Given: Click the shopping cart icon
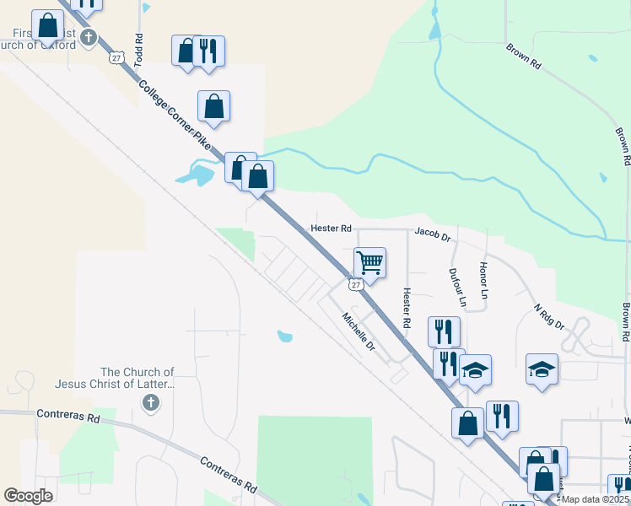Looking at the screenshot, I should click(x=369, y=263).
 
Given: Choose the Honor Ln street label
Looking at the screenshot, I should click(x=484, y=279).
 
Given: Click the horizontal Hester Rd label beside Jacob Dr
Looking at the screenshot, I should click(x=331, y=229).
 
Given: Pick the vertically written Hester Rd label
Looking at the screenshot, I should click(x=407, y=308).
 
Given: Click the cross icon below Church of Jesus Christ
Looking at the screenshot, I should click(x=150, y=403).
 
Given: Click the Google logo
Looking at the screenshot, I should click(x=28, y=495).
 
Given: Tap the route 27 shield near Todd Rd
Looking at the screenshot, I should click(x=116, y=57).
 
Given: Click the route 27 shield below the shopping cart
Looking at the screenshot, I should click(x=357, y=285).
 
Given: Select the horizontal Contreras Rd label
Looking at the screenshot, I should click(x=68, y=417).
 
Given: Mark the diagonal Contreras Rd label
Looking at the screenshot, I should click(x=228, y=475).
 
